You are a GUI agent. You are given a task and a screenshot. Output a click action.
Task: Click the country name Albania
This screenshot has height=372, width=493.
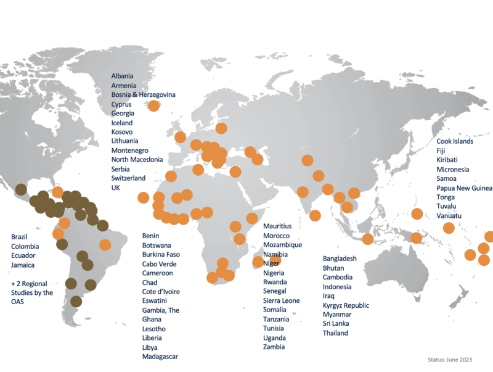(122, 76)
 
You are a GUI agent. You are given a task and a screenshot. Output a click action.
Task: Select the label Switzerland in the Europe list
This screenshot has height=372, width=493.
(128, 178)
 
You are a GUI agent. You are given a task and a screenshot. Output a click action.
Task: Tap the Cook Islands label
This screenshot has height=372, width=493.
(455, 141)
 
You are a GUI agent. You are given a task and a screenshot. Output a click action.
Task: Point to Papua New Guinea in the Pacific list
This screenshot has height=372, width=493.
(464, 188)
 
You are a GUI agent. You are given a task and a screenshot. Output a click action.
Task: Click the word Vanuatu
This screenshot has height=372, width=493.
(449, 215)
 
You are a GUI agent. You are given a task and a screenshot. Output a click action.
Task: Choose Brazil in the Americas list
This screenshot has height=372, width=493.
(20, 237)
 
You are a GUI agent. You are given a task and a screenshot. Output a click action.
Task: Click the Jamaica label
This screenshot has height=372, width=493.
(23, 265)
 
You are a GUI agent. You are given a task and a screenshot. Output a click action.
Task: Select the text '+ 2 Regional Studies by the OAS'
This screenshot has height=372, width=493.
(32, 292)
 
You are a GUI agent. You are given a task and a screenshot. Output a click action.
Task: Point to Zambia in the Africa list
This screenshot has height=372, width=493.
(274, 347)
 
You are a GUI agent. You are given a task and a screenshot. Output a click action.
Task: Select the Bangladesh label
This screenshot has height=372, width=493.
(340, 258)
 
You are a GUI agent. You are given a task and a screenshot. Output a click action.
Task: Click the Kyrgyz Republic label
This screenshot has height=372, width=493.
(346, 305)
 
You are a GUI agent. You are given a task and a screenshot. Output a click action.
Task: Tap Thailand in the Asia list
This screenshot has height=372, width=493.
(335, 333)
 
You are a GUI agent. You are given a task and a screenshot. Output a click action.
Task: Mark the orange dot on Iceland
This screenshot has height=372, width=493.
(153, 105)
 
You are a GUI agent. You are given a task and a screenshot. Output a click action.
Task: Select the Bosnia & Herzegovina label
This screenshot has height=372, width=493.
(143, 94)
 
